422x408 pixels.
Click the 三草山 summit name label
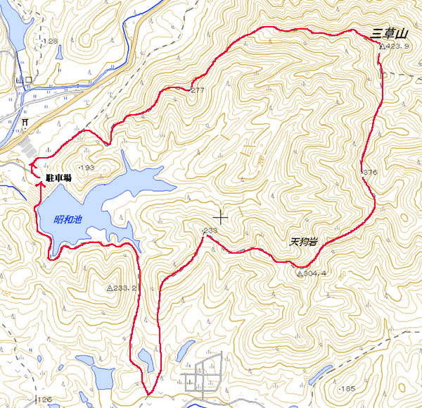390,32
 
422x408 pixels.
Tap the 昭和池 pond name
68,220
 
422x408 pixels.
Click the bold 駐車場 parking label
58,179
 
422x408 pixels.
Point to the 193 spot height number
88,167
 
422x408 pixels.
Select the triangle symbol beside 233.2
110,288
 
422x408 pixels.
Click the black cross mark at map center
221,217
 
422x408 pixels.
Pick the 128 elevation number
50,42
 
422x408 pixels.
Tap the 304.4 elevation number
315,273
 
